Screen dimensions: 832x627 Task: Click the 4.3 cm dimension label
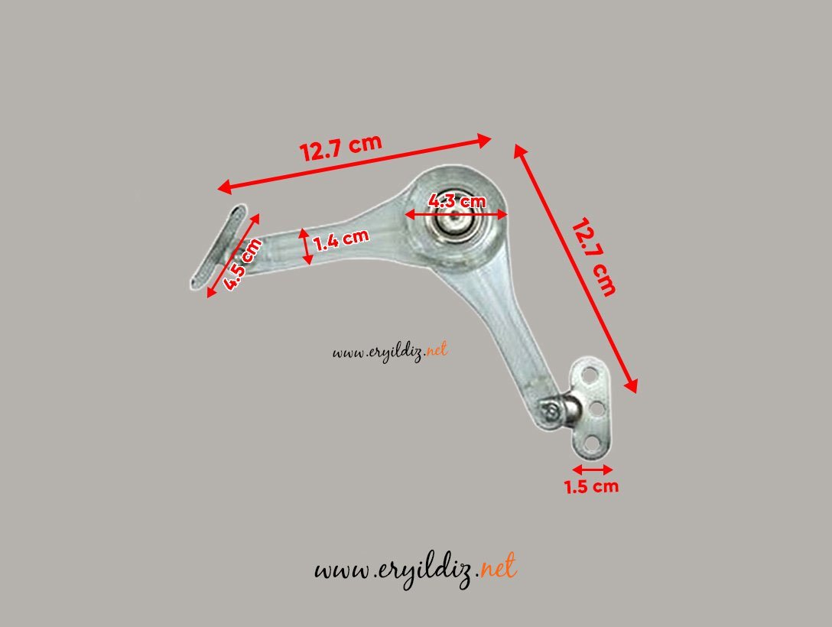pos(457,201)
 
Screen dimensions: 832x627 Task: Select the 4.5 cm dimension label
pos(242,264)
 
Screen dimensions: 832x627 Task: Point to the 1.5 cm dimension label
pos(591,486)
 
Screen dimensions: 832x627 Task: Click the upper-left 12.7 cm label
pos(340,148)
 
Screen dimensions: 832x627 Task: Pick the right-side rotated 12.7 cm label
pos(594,257)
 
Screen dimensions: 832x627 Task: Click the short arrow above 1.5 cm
pos(592,469)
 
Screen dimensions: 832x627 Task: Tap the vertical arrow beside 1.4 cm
pos(307,246)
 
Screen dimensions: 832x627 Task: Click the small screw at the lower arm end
pos(550,411)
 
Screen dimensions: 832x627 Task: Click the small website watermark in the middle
pos(390,352)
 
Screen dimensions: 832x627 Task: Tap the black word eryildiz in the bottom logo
pos(424,570)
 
